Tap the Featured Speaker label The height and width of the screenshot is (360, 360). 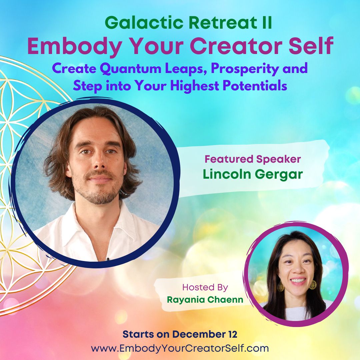click(253, 159)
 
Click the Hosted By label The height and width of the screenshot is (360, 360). click(205, 287)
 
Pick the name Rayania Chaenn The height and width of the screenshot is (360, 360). click(205, 300)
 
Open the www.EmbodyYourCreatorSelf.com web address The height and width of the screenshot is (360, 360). click(180, 349)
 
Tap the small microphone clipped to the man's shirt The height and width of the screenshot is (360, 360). click(107, 259)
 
